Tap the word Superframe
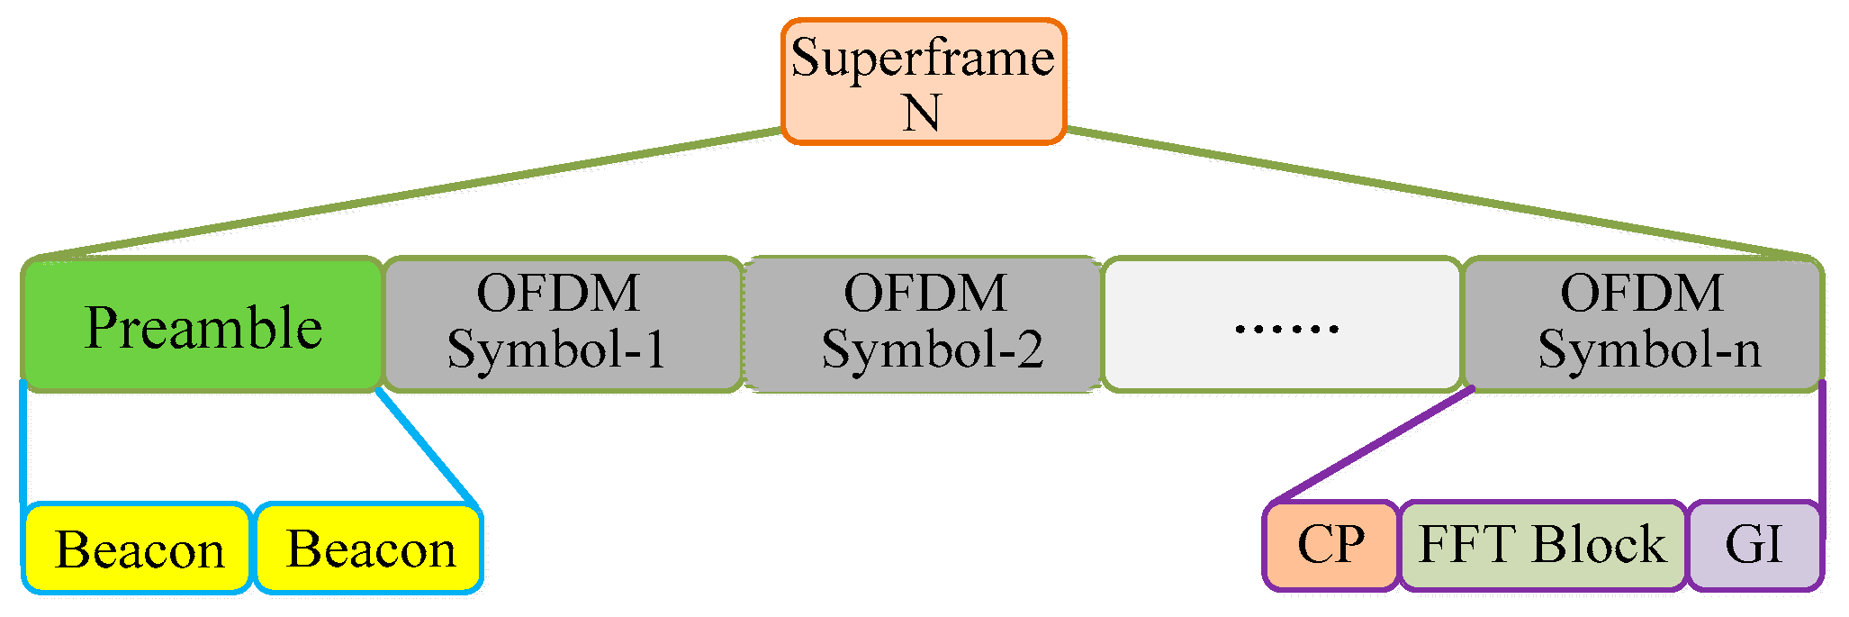[x=923, y=59]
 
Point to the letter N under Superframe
[x=922, y=113]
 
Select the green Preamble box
[x=203, y=325]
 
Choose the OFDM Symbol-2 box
[x=924, y=324]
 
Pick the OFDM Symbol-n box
[x=1644, y=324]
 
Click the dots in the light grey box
[x=1286, y=328]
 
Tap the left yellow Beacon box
[x=138, y=549]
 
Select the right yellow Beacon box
[x=369, y=549]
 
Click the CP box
[x=1331, y=546]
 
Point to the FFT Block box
[x=1543, y=546]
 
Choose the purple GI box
[x=1754, y=546]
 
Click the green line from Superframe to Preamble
[x=405, y=195]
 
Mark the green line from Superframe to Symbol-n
[x=1440, y=195]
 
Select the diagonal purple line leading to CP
[x=1373, y=445]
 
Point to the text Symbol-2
[x=932, y=349]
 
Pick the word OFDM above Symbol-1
[x=558, y=294]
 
